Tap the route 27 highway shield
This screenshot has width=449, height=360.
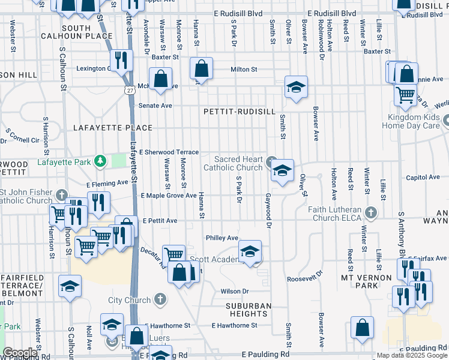pos(130,90)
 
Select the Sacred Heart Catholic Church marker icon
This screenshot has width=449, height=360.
pos(271,160)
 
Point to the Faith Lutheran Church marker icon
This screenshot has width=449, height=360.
pos(372,212)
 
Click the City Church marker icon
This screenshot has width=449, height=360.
pos(160,299)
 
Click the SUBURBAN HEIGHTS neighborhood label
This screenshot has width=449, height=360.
pos(249,310)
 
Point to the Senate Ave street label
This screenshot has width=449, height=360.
pos(155,106)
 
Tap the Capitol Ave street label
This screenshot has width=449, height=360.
pos(423,178)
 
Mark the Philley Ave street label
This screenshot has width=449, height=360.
pos(222,238)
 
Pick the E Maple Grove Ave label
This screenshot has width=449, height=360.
pos(169,196)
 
